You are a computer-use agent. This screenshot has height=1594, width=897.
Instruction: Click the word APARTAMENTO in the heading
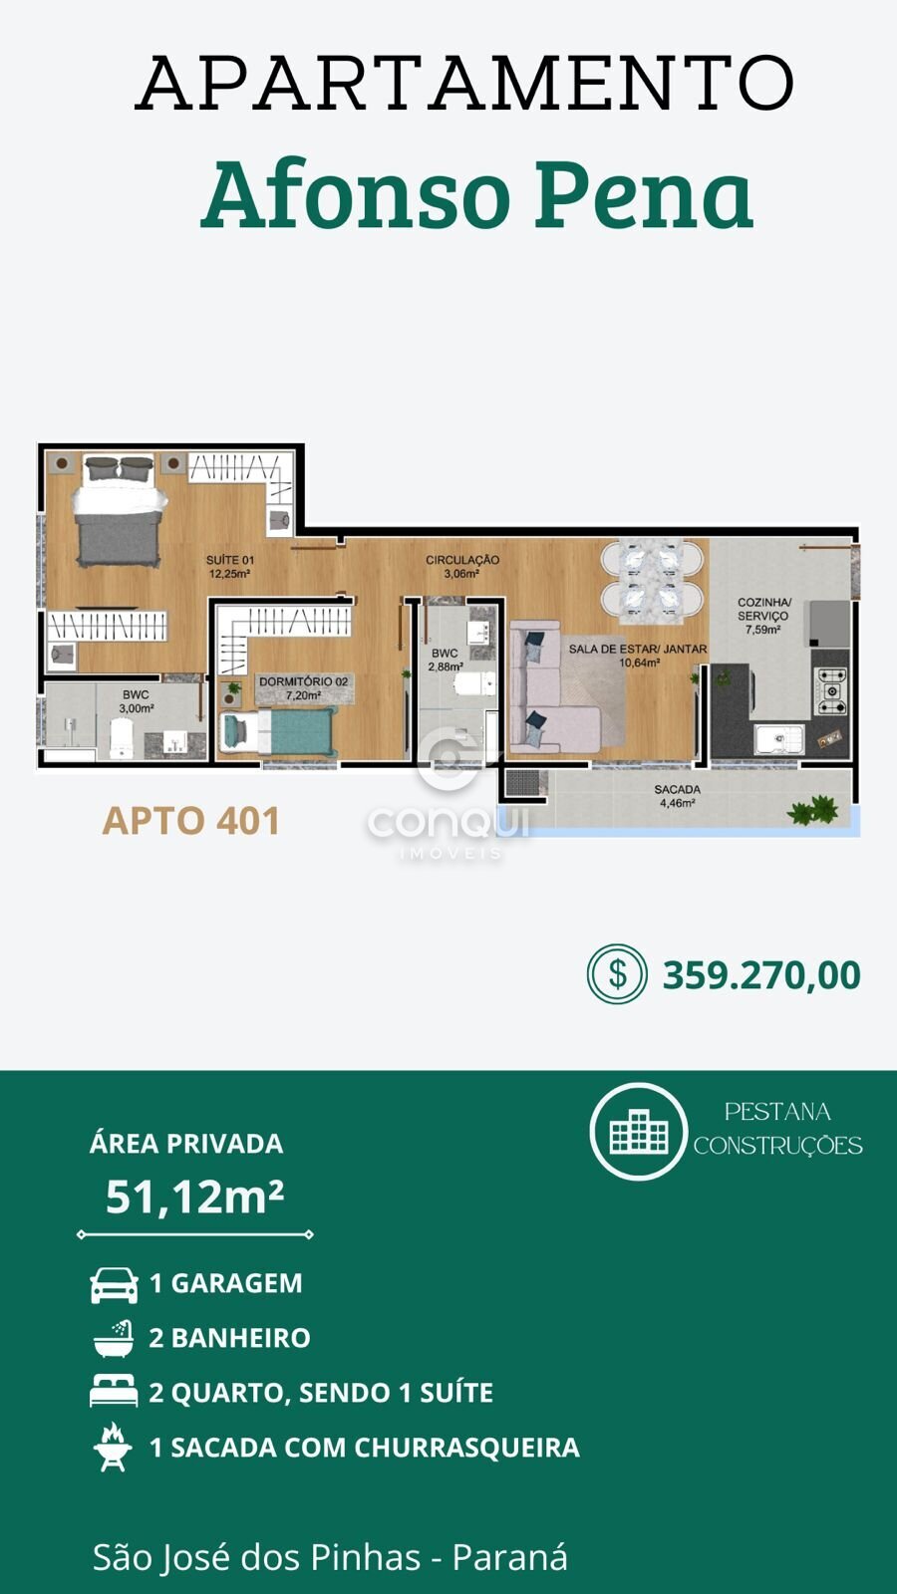(464, 83)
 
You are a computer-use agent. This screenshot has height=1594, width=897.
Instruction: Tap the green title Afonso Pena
(477, 193)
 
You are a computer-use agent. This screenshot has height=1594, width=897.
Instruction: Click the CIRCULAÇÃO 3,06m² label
(462, 566)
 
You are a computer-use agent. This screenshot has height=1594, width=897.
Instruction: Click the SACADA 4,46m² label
(677, 796)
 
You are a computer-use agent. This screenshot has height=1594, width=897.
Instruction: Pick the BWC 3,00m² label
(136, 701)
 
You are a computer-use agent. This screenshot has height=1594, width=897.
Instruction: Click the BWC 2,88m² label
(445, 660)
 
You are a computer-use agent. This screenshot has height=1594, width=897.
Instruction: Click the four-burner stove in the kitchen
(831, 689)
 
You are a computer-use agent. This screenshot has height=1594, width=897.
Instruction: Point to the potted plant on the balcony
(812, 811)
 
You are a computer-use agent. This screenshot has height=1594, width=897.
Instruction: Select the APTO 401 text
(190, 821)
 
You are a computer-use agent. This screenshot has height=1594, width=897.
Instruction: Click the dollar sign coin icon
(617, 974)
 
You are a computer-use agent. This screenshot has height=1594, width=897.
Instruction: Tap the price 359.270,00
(761, 975)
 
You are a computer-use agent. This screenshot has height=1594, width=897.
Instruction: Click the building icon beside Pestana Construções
(639, 1131)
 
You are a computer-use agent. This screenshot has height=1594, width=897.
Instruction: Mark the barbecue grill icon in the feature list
(114, 1446)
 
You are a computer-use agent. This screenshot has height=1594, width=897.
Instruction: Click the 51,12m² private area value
(194, 1196)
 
